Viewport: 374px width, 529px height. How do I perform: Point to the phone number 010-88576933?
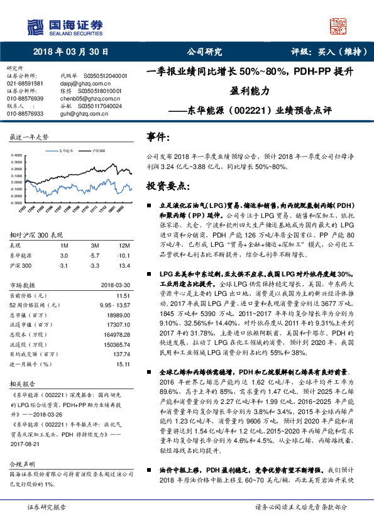pyautogui.click(x=25, y=114)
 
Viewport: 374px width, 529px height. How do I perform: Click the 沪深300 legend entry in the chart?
pyautogui.click(x=99, y=151)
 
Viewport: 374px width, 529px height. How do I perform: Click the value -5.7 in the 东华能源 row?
pyautogui.click(x=96, y=256)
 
